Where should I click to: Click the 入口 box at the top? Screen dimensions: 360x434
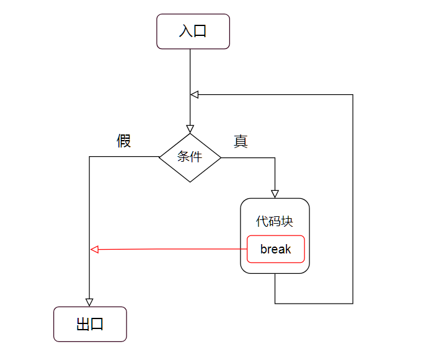pos(193,31)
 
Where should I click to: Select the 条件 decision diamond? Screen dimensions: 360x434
pos(190,157)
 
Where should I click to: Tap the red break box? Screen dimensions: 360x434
pos(276,249)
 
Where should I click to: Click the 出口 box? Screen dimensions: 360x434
pos(90,324)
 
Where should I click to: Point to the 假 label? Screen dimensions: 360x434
pos(124,141)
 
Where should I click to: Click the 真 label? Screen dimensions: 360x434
pos(241,141)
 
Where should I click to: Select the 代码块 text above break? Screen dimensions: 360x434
pos(275,221)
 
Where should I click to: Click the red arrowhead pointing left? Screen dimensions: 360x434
pos(94,249)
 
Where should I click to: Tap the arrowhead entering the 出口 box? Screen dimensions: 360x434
pos(89,302)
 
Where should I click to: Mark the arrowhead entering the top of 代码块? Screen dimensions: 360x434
pos(275,194)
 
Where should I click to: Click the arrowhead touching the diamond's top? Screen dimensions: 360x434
pos(190,129)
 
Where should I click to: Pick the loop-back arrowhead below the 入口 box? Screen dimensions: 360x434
pos(194,95)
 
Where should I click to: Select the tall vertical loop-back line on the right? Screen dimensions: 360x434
pos(353,198)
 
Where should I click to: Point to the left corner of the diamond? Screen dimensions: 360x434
pos(160,157)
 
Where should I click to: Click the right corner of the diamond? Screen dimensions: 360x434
pos(220,157)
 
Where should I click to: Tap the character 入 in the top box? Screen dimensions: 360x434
pos(185,31)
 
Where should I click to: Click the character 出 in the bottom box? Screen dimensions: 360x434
pos(82,324)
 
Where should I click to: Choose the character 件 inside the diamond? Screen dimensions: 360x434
pos(196,157)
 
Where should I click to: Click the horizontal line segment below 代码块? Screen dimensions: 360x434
pos(314,304)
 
